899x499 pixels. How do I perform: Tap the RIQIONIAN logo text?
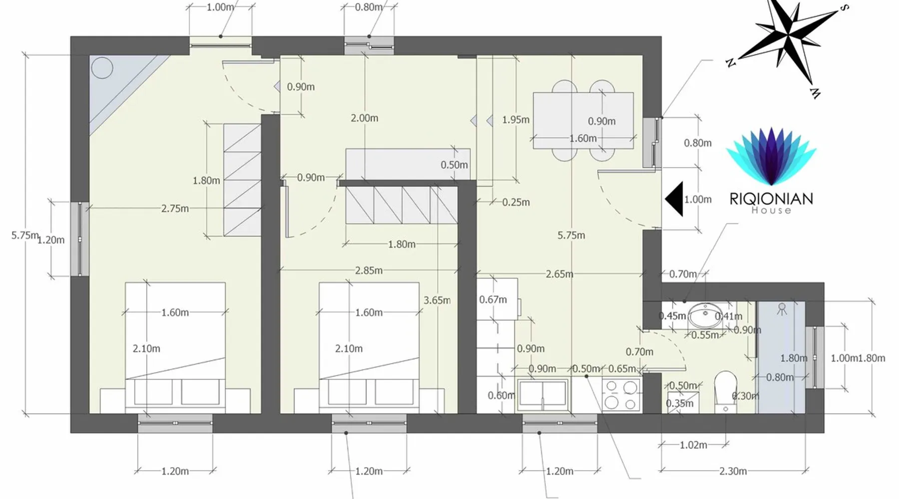[771, 199]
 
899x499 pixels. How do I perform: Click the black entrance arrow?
[674, 199]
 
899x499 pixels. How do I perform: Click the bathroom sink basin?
[705, 315]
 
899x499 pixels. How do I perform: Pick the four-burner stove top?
[621, 395]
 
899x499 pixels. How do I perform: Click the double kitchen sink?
[543, 394]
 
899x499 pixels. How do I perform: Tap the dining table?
[583, 120]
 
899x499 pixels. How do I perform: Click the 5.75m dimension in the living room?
[571, 235]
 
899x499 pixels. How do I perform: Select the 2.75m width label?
[175, 209]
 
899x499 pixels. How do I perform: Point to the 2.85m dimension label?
[369, 270]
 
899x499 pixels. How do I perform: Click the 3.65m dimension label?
[437, 300]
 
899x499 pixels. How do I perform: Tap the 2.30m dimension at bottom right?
[733, 471]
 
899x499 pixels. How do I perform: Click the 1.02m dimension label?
[693, 445]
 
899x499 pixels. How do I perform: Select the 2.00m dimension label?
[364, 118]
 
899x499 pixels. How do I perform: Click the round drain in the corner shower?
[102, 68]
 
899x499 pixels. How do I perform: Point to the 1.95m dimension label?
[515, 120]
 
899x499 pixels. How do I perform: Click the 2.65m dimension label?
[559, 274]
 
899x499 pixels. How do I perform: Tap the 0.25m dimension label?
[516, 202]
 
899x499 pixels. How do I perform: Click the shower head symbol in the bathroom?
[782, 309]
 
